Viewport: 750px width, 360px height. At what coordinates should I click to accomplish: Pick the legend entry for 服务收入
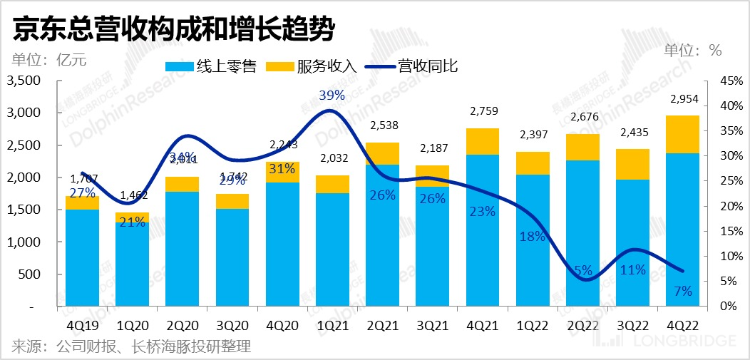coord(311,67)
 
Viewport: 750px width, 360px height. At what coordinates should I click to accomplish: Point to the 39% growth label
coord(332,95)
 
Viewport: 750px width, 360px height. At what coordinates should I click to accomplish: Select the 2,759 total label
coord(485,111)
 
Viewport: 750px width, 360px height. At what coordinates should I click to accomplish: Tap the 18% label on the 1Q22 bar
coord(533,237)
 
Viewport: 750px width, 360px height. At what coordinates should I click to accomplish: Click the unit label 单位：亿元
coord(49,60)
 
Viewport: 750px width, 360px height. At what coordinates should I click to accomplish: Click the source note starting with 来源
coord(131,347)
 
